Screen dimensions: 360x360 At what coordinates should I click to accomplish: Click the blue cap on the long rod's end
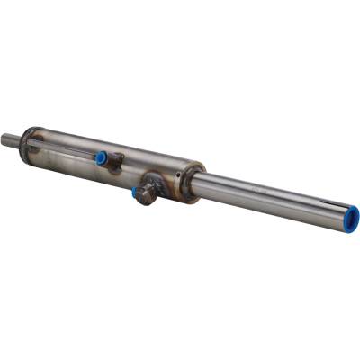coord(354,217)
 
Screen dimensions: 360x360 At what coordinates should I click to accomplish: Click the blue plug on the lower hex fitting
coord(136,192)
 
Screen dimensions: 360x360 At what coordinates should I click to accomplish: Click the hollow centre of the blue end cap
coord(355,217)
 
